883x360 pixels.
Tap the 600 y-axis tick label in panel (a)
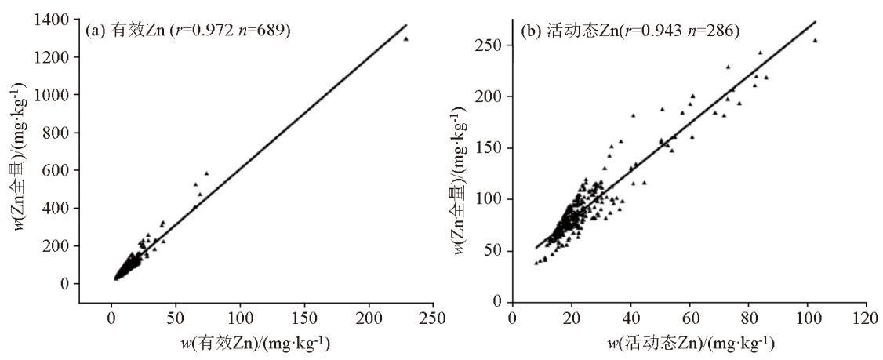coord(61,170)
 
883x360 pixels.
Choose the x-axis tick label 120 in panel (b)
coord(866,318)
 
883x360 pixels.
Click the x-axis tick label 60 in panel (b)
coord(690,318)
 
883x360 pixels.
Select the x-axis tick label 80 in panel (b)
coord(749,318)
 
